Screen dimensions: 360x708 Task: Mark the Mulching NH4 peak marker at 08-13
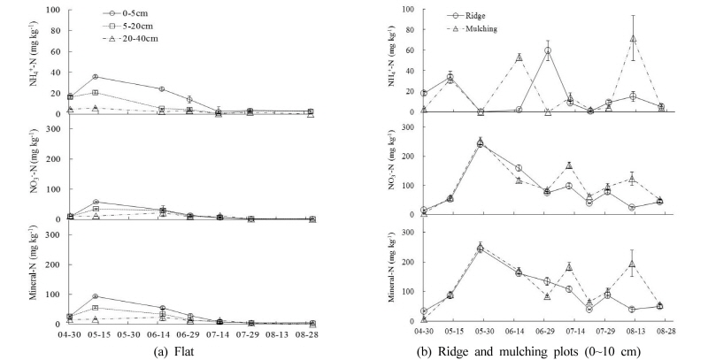(x=634, y=39)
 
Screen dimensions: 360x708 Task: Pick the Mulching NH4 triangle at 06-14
(x=519, y=57)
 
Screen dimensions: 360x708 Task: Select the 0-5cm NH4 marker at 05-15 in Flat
(x=96, y=77)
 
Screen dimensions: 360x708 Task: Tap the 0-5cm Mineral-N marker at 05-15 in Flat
(x=96, y=297)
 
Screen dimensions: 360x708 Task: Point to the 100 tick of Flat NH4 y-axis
(x=54, y=11)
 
